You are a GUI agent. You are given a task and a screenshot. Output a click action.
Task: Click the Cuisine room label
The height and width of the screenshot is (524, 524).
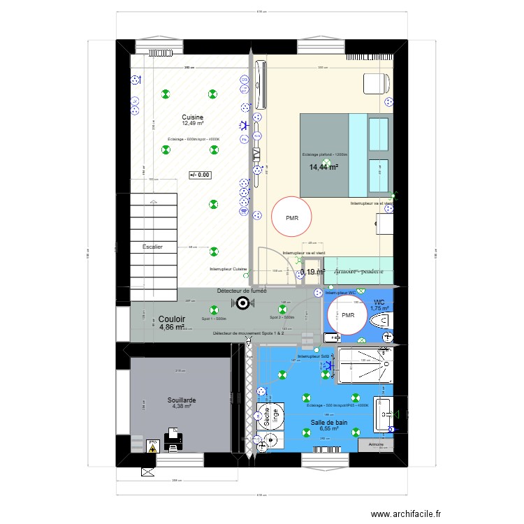[x=192, y=117]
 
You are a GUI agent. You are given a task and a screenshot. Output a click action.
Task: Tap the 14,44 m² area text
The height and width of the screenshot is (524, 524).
[x=323, y=168]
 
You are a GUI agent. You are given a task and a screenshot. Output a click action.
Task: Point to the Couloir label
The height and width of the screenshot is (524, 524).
[x=172, y=318]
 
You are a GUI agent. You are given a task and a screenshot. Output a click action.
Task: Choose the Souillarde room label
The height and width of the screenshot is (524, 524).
[x=181, y=400]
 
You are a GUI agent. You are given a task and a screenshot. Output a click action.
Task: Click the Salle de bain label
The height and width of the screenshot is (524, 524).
[x=329, y=422]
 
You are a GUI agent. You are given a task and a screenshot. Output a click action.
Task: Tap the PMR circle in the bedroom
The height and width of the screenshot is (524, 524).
[x=291, y=218]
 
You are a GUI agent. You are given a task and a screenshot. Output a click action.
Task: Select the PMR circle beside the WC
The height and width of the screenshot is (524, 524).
[x=349, y=315]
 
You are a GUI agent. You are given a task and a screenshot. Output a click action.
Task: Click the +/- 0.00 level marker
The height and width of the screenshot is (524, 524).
[x=199, y=175]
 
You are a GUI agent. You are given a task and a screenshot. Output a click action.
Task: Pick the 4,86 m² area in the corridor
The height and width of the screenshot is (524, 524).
[x=171, y=326]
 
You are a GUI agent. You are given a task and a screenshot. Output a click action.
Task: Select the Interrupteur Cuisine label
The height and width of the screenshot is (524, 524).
[x=228, y=269]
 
